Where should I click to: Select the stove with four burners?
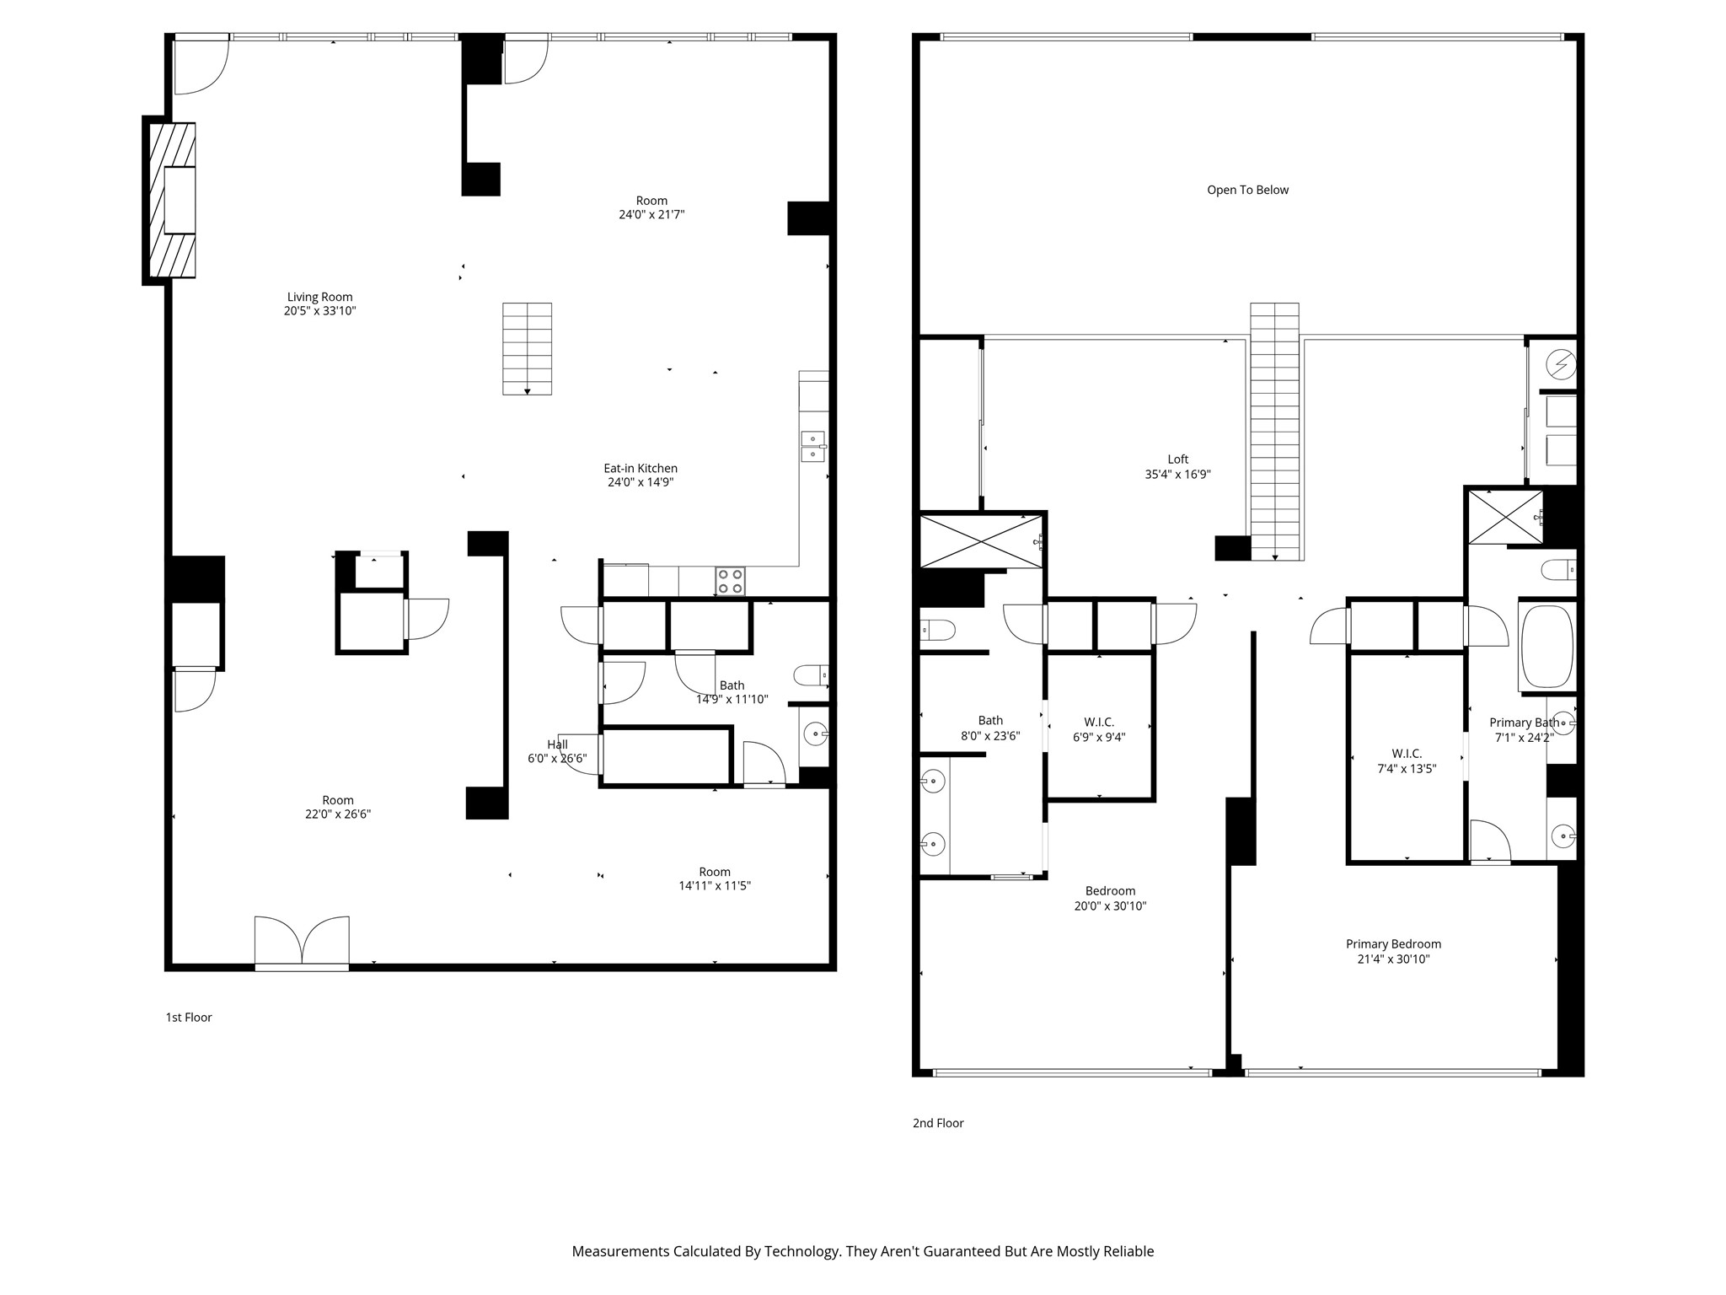(x=730, y=581)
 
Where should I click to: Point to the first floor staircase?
(x=528, y=348)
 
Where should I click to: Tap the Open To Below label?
(x=1247, y=191)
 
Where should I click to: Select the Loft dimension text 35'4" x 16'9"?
(x=1177, y=475)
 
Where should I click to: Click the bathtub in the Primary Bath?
(x=1546, y=646)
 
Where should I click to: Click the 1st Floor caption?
(x=189, y=1018)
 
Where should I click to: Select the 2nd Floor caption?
(x=938, y=1123)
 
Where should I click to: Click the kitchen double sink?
(x=812, y=446)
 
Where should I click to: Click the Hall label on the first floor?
(x=557, y=744)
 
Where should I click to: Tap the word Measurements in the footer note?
(x=620, y=1252)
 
